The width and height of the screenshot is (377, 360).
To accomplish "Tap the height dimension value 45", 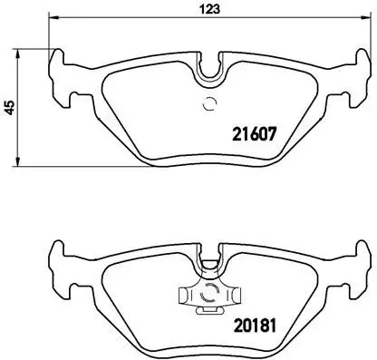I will (x=10, y=107).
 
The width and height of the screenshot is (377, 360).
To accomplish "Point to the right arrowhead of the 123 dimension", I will (x=367, y=19).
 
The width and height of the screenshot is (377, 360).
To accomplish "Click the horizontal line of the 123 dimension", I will (x=136, y=19).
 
